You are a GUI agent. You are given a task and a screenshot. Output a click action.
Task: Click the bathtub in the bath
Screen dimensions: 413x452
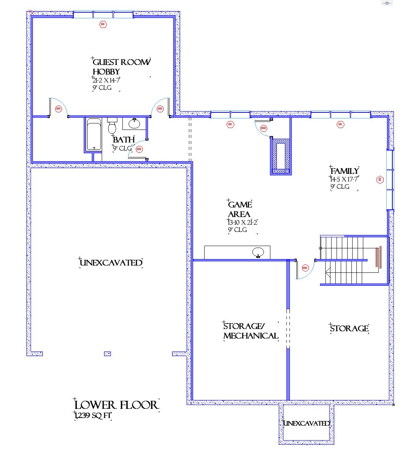[x=94, y=134]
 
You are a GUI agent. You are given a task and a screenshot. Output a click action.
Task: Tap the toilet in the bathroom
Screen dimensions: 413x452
[x=112, y=125]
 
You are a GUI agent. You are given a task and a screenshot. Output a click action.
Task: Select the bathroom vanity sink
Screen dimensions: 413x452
[x=134, y=123]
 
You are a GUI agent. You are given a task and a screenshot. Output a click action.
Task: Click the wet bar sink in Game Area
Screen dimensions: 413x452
[x=258, y=252]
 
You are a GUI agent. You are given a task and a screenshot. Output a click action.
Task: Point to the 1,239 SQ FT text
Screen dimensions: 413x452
[x=93, y=415]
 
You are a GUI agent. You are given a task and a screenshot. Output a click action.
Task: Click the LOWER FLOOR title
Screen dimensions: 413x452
[x=116, y=405]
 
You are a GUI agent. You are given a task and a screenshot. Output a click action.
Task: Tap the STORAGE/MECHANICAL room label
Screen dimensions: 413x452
[x=250, y=331]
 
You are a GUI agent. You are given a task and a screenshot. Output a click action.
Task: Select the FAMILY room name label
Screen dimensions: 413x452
[x=345, y=171]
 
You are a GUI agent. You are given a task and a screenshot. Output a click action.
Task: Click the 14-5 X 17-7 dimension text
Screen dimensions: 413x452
[x=344, y=179]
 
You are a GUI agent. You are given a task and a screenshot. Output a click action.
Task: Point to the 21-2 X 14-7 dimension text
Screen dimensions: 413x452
[x=106, y=80]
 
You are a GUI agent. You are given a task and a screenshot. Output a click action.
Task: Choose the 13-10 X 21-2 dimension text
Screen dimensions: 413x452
[x=242, y=222]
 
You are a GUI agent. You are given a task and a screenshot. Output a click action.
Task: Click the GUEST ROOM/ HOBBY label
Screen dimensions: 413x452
[x=121, y=66]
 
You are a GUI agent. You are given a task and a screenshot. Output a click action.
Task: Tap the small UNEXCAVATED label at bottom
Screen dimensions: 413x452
[x=306, y=423]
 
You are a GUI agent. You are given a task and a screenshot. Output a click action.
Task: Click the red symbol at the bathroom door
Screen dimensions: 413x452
[x=139, y=149]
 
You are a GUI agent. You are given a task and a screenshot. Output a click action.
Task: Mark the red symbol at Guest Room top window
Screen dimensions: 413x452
[x=103, y=24]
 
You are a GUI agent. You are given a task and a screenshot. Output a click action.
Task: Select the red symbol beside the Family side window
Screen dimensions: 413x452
[x=380, y=180]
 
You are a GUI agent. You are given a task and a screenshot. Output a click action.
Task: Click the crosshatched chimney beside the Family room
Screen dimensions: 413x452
[x=281, y=156]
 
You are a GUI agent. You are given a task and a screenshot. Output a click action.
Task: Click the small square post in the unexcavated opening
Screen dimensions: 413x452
[x=107, y=354]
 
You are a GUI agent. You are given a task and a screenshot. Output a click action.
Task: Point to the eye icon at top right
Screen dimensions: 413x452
[x=387, y=3]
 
